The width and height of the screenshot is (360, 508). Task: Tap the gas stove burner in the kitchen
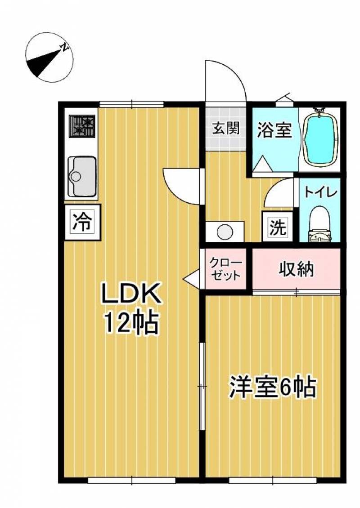82,126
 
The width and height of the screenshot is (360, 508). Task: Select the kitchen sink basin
82,176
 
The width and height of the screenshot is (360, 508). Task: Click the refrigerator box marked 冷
82,222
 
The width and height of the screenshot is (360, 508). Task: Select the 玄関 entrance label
225,129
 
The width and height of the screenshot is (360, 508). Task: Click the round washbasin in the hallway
224,232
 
